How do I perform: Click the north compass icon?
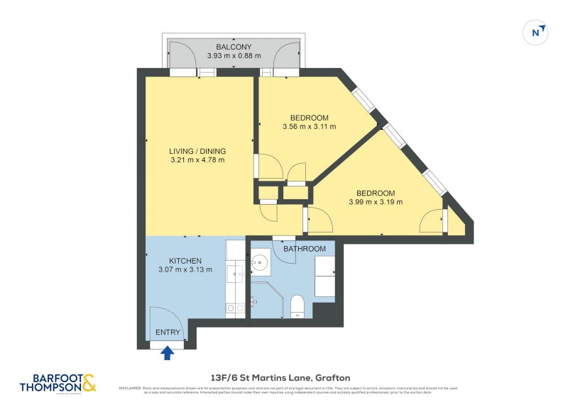537,32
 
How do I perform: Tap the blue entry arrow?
168,352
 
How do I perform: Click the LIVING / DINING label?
197,151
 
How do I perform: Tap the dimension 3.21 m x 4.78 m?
197,160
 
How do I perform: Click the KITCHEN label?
185,261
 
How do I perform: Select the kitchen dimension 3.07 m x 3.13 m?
185,270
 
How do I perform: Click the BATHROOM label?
305,249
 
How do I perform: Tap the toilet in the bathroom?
298,306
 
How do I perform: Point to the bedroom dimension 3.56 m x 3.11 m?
309,127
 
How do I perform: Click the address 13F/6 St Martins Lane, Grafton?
280,377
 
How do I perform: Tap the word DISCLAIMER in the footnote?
129,388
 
